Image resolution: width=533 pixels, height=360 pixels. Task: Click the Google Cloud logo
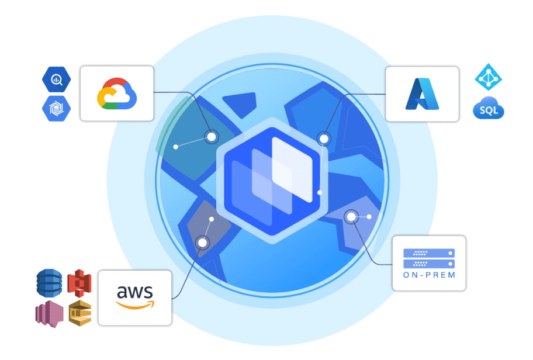(x=117, y=94)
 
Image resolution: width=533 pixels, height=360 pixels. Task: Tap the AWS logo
(x=135, y=297)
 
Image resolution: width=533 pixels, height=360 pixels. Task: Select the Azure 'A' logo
(x=422, y=94)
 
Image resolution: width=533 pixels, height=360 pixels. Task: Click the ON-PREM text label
(x=429, y=275)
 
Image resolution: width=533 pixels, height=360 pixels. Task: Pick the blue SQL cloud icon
(x=489, y=108)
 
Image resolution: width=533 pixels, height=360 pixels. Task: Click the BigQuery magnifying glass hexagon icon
(x=57, y=79)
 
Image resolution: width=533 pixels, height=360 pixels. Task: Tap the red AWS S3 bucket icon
(x=79, y=283)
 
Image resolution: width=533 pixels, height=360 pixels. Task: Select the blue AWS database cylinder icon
(x=49, y=283)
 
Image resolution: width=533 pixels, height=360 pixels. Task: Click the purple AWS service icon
(x=49, y=314)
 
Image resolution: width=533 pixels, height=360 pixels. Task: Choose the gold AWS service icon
(x=80, y=313)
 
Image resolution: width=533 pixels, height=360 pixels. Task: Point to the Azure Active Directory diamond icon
(x=489, y=77)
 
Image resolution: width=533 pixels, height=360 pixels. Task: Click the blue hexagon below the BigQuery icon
(x=57, y=109)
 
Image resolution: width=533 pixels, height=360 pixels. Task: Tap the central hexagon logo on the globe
(x=272, y=181)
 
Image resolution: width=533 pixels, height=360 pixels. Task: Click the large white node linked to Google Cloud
(x=212, y=137)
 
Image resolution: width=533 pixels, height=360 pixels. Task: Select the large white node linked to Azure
(x=324, y=139)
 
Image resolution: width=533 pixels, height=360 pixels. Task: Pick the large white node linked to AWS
(x=203, y=243)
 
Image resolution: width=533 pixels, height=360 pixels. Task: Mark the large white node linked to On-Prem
(x=351, y=217)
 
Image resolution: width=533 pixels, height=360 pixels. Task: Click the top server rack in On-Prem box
(x=429, y=253)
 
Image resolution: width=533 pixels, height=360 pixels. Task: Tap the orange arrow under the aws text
(x=135, y=305)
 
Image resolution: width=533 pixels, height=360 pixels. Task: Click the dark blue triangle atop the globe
(x=241, y=103)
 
